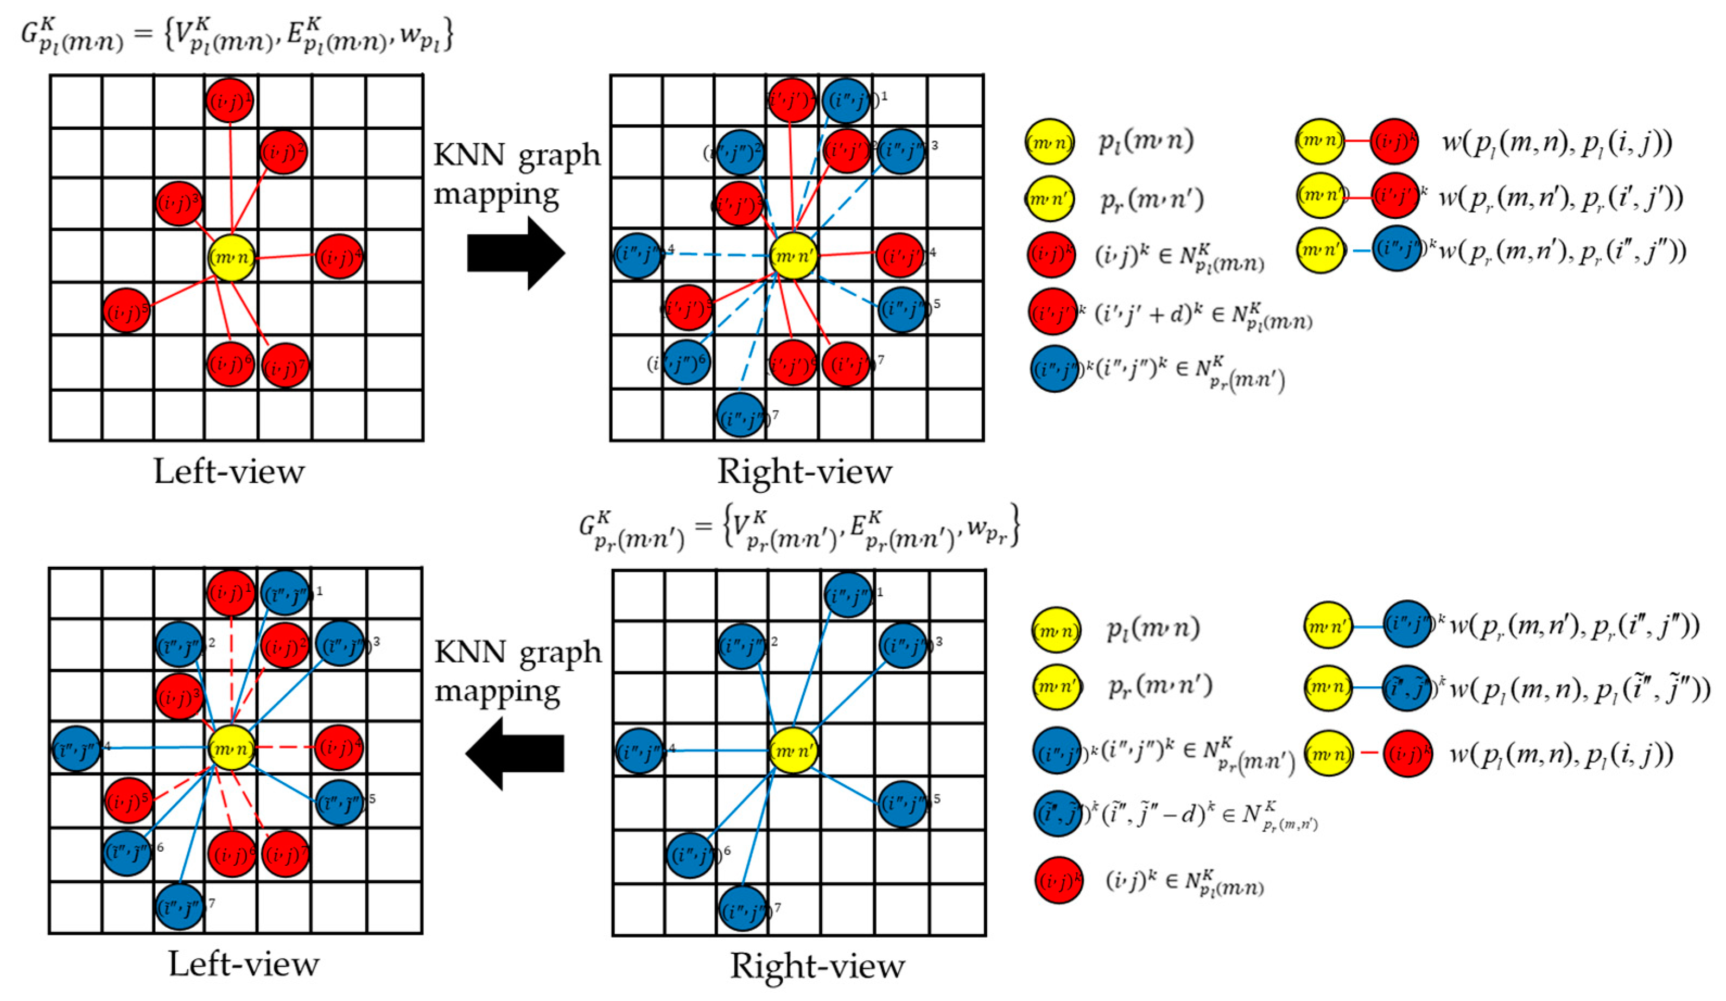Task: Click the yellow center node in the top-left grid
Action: (x=232, y=258)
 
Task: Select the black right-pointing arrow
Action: (x=516, y=254)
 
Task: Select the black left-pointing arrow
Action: (x=515, y=752)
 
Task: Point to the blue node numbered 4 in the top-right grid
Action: (x=638, y=256)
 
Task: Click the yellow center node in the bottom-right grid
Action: (x=793, y=751)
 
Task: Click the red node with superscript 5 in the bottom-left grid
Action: (x=128, y=800)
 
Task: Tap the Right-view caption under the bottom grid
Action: (x=817, y=966)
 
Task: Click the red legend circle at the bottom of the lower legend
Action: (x=1058, y=880)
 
